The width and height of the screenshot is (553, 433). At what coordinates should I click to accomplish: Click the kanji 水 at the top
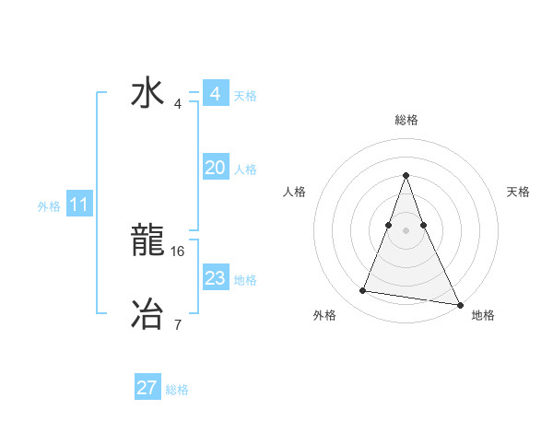pos(147,93)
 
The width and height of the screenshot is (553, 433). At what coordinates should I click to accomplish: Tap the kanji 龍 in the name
pos(147,241)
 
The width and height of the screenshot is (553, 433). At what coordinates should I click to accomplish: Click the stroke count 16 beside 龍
pos(179,251)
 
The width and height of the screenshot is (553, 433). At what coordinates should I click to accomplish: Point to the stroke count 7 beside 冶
pos(177,324)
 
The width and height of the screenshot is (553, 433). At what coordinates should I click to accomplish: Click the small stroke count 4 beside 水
pos(177,103)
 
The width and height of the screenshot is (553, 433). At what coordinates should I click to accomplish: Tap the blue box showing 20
pos(216,168)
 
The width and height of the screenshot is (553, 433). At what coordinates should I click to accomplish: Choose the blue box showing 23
pos(216,278)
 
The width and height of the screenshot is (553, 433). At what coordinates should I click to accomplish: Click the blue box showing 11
pos(78,205)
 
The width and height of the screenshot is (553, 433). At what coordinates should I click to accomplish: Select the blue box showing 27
pos(147,388)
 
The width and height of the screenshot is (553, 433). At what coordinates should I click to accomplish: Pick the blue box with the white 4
pos(216,94)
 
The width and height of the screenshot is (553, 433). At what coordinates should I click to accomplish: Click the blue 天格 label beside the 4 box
pos(245,96)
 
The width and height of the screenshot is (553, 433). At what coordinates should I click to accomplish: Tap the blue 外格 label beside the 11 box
pos(49,206)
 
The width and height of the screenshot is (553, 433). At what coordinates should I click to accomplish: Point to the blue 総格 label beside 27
pos(177,390)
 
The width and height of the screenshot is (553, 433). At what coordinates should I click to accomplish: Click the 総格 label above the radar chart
pos(406,120)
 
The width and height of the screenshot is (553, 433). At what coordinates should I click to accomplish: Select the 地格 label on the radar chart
pos(483,316)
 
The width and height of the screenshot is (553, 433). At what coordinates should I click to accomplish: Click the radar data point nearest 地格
pos(460,303)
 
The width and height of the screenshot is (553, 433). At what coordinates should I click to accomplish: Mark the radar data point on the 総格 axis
pos(406,175)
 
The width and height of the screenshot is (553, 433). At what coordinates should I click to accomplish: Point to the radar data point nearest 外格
pos(363,291)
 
